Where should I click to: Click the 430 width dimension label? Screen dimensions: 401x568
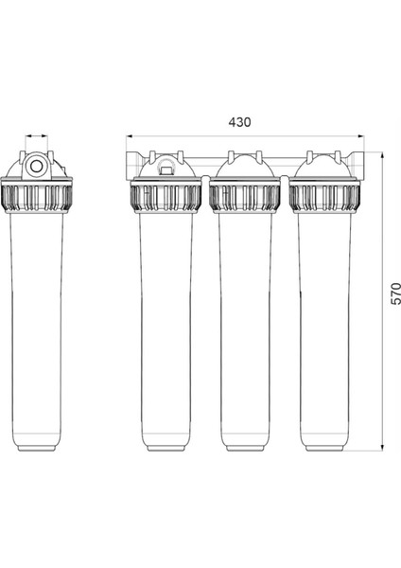click(239, 122)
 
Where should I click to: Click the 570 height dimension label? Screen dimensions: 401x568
click(396, 293)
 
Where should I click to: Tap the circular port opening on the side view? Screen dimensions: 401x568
click(36, 167)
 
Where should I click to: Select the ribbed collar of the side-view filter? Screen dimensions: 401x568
click(36, 198)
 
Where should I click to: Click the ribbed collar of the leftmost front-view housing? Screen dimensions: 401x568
click(166, 198)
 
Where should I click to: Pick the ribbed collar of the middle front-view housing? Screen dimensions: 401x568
click(245, 198)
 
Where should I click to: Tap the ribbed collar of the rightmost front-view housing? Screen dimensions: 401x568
click(324, 198)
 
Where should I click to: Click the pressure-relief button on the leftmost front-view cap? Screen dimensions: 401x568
click(166, 169)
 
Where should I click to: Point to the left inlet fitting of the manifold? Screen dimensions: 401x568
click(133, 165)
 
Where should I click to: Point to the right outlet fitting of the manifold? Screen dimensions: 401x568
click(357, 164)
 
